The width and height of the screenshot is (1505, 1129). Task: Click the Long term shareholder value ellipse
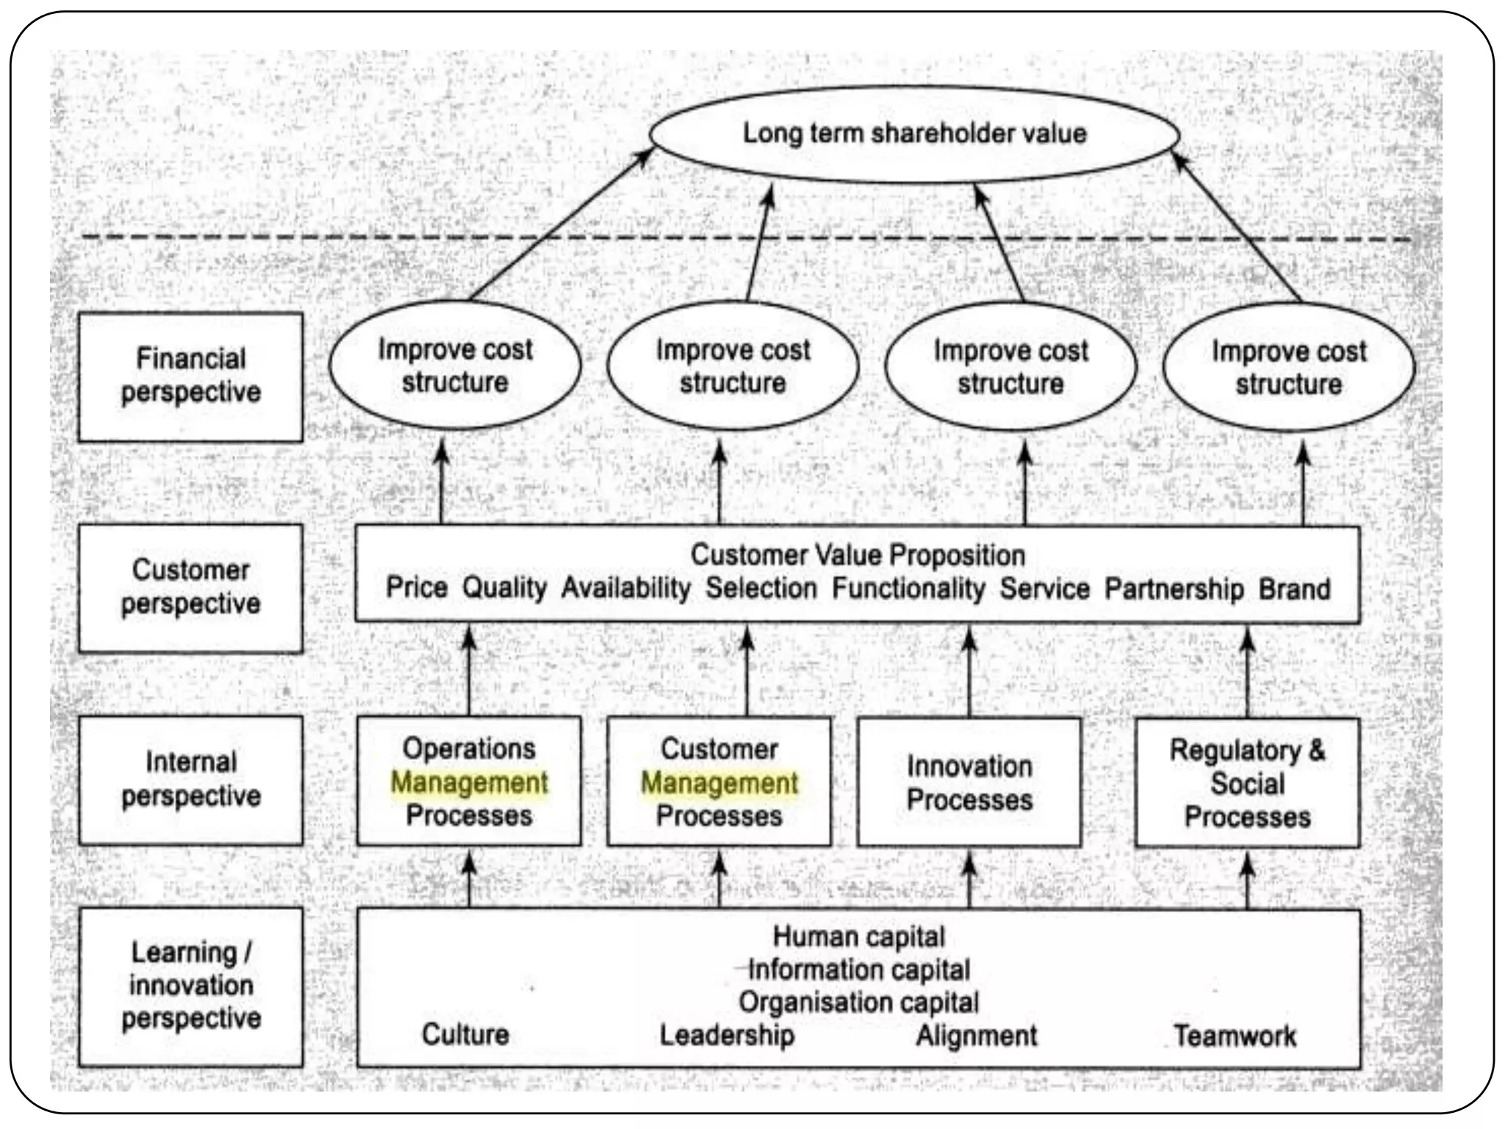pos(914,135)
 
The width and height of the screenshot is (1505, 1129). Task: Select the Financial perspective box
pos(190,376)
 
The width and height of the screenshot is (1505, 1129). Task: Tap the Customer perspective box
pos(190,587)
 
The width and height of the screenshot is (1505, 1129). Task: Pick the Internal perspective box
pos(190,780)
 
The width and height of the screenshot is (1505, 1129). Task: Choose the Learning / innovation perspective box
pos(190,986)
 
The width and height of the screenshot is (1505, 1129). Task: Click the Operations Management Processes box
pos(469,781)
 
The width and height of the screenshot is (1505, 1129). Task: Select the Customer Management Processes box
pos(719,782)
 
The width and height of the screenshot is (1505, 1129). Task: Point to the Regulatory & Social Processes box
pos(1247,784)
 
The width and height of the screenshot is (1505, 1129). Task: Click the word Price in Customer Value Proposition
pos(417,587)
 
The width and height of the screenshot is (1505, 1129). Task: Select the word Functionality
pos(908,589)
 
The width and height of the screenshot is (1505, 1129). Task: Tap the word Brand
pos(1294,589)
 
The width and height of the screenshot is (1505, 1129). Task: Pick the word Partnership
pos(1174,589)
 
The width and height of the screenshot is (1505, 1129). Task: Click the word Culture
pos(465,1034)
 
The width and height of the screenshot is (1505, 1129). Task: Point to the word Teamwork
pos(1235,1036)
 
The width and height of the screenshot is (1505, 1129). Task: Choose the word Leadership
pos(727,1035)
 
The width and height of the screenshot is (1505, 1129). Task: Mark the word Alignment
pos(977,1036)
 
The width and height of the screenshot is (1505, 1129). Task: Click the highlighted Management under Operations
pos(469,782)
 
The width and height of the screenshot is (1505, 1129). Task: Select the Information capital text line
pos(858,969)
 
